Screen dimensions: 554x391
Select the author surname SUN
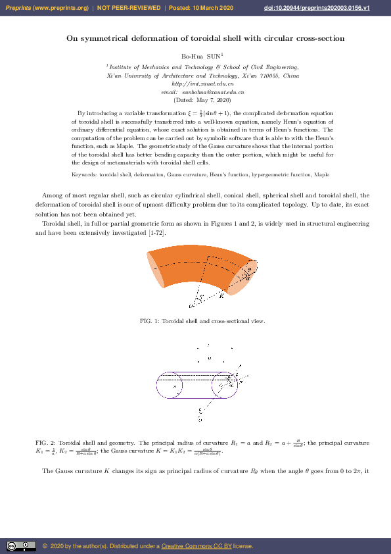pos(214,57)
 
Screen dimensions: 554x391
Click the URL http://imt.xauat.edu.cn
pos(202,84)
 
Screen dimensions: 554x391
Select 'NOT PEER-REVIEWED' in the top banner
pos(129,8)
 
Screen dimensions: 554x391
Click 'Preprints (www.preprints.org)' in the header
pos(47,8)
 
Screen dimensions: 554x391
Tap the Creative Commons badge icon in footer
pos(21,546)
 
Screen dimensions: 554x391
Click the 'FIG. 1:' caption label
pos(150,321)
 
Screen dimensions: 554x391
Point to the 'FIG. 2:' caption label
pos(45,443)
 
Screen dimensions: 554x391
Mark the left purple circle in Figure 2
pos(170,386)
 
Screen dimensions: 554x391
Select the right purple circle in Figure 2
pos(231,386)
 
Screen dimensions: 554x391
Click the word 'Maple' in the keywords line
pos(322,175)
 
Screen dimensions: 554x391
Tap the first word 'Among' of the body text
pos(53,195)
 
